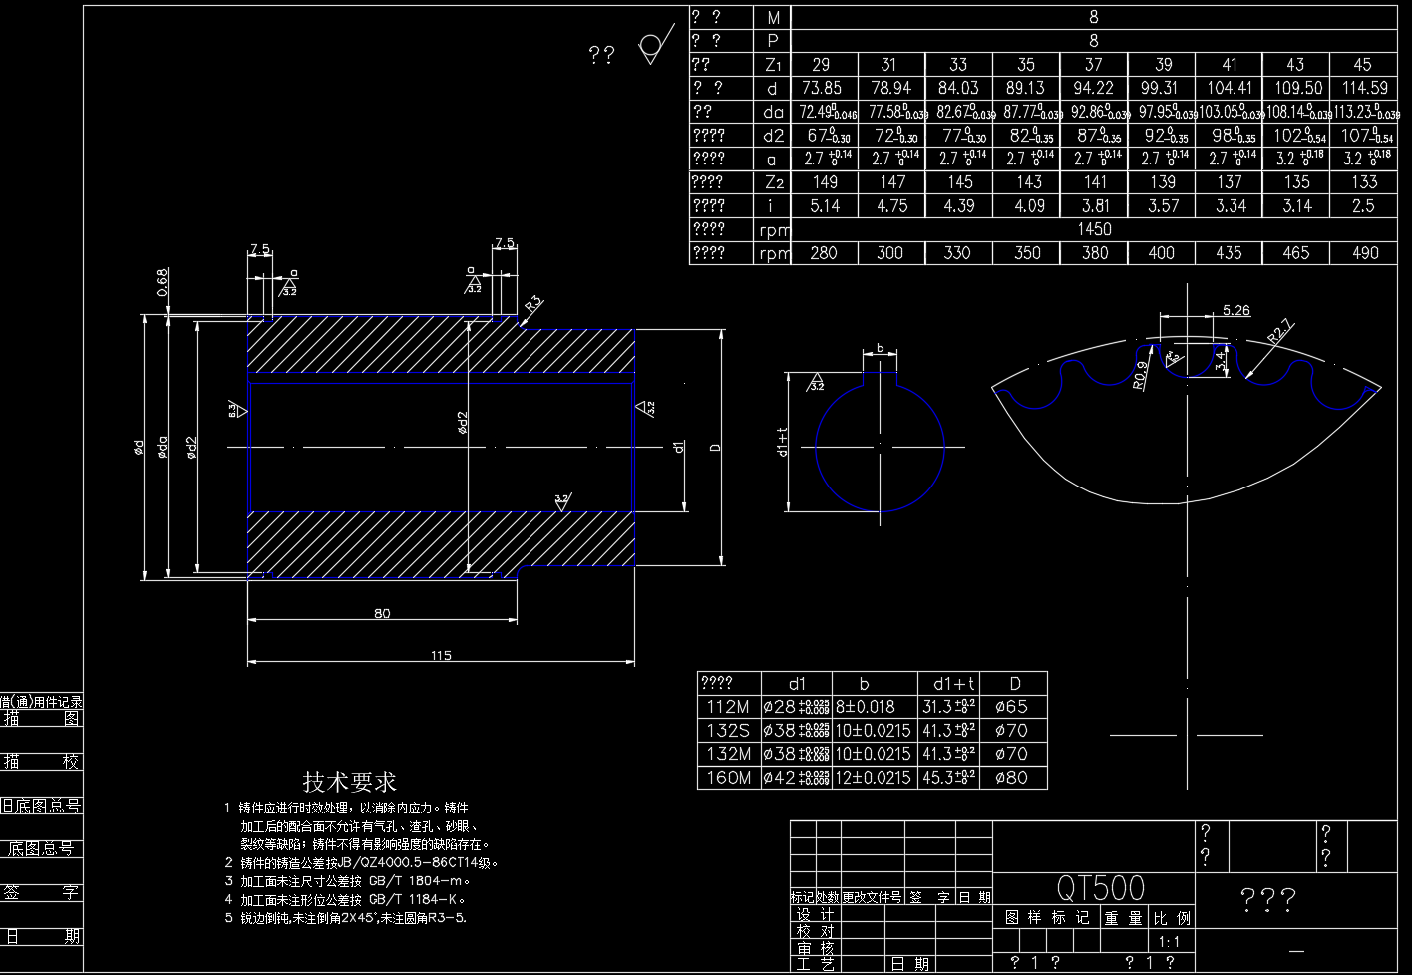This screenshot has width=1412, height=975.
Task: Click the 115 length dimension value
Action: click(441, 655)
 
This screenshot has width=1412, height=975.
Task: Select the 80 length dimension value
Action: click(382, 613)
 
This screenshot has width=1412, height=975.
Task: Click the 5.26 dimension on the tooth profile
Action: click(1235, 310)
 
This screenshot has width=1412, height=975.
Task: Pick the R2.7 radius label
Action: click(1280, 330)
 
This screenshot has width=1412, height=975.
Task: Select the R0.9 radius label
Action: click(1140, 375)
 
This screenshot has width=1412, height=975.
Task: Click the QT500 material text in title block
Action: click(1100, 887)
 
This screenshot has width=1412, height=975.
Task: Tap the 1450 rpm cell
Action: click(1094, 229)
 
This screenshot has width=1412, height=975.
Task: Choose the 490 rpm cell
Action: click(1364, 253)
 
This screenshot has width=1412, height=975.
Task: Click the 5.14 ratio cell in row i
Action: click(825, 206)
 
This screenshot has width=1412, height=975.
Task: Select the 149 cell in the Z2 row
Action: click(825, 182)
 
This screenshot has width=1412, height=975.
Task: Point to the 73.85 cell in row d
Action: click(821, 88)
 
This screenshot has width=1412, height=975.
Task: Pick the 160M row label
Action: click(728, 778)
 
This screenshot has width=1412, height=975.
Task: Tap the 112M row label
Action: click(728, 707)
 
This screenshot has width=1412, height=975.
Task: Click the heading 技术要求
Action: click(350, 783)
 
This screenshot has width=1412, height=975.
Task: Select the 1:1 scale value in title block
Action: click(1169, 942)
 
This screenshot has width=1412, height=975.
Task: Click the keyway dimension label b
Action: click(880, 348)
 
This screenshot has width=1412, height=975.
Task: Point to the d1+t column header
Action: click(954, 684)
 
